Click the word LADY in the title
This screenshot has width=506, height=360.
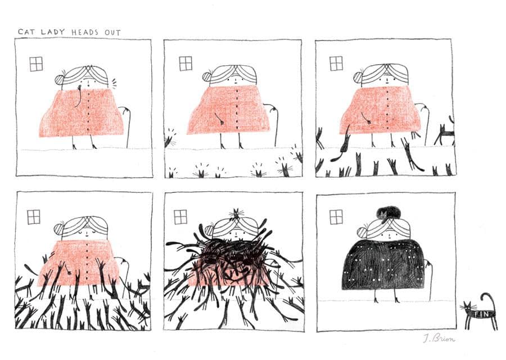(53, 32)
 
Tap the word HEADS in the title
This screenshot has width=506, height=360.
(85, 32)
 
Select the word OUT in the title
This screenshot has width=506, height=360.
(112, 33)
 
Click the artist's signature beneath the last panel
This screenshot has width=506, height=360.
(439, 339)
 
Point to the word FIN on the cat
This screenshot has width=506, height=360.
(480, 313)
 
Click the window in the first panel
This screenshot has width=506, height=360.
(36, 64)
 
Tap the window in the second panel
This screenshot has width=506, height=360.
(186, 64)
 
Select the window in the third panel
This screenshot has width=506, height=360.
(336, 64)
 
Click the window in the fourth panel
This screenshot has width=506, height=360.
(34, 217)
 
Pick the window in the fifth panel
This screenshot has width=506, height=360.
(180, 217)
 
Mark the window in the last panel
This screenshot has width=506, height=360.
(336, 217)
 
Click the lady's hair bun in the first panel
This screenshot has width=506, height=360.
(60, 79)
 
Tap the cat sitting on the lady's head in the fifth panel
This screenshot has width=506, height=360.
(237, 214)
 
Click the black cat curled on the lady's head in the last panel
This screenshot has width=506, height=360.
(388, 213)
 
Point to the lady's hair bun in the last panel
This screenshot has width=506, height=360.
(362, 232)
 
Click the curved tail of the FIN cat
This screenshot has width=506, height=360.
(489, 301)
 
